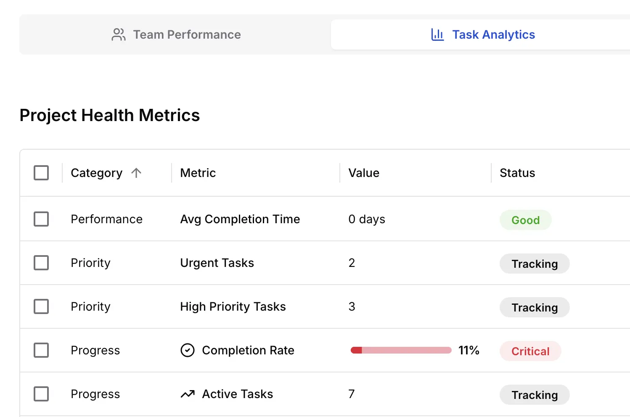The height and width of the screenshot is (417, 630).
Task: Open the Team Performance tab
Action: point(187,34)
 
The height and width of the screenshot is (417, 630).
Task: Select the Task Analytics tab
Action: point(493,34)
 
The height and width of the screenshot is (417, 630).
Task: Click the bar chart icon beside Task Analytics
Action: point(437,34)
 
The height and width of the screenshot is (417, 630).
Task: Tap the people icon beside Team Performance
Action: point(119,34)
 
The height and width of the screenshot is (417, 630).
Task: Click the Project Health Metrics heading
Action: point(110,115)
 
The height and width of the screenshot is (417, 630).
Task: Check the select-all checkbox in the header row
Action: point(41,173)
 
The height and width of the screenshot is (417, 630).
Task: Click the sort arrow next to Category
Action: point(136,173)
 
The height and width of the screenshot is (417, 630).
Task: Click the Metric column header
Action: point(198,173)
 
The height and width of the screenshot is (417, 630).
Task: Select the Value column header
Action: point(364,173)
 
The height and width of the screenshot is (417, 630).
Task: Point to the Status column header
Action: point(517,173)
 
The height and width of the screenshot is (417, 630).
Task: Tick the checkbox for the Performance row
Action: point(41,219)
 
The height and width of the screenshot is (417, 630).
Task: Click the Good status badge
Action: point(525,220)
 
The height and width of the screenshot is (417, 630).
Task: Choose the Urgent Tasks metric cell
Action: point(217,263)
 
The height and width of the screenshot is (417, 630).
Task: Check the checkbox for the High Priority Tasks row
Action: point(41,306)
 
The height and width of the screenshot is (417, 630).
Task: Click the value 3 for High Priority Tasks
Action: point(352,306)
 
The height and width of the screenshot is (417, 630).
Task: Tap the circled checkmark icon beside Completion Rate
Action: point(188,350)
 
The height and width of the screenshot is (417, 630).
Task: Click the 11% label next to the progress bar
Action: point(469,350)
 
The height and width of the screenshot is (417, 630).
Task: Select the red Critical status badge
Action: point(530,351)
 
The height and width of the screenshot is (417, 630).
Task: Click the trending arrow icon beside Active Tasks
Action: point(188,394)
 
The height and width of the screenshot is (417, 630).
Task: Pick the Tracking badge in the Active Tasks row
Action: point(535,395)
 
